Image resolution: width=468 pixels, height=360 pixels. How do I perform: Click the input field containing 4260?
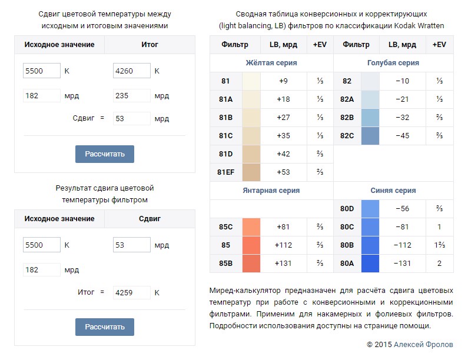pyautogui.click(x=131, y=71)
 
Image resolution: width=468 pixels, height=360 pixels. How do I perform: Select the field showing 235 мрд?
pyautogui.click(x=131, y=95)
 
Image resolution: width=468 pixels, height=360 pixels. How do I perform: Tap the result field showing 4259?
pyautogui.click(x=131, y=292)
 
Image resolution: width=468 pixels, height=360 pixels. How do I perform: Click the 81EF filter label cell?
pyautogui.click(x=226, y=172)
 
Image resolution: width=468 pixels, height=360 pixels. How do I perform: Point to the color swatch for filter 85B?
pyautogui.click(x=251, y=264)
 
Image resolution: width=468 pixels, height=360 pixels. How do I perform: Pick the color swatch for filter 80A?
pyautogui.click(x=370, y=264)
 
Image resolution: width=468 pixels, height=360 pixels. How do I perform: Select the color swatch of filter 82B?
pyautogui.click(x=370, y=118)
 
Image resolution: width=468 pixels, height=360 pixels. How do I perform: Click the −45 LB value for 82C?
pyautogui.click(x=402, y=136)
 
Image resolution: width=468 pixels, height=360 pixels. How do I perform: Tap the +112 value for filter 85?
pyautogui.click(x=284, y=245)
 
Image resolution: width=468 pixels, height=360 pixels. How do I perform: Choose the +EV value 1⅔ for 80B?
pyautogui.click(x=439, y=245)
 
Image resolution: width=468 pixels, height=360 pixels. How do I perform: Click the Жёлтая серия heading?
pyautogui.click(x=271, y=63)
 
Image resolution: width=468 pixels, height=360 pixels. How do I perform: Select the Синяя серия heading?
pyautogui.click(x=393, y=191)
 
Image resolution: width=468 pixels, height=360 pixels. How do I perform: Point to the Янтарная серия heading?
pyautogui.click(x=271, y=191)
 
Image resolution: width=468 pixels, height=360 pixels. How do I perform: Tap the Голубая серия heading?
pyautogui.click(x=393, y=63)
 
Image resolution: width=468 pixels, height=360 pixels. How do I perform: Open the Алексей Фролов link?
pyautogui.click(x=423, y=344)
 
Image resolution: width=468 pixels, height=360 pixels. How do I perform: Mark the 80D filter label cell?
pyautogui.click(x=347, y=209)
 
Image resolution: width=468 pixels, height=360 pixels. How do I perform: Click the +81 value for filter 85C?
pyautogui.click(x=284, y=227)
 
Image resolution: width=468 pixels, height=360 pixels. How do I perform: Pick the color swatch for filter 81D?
pyautogui.click(x=251, y=154)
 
